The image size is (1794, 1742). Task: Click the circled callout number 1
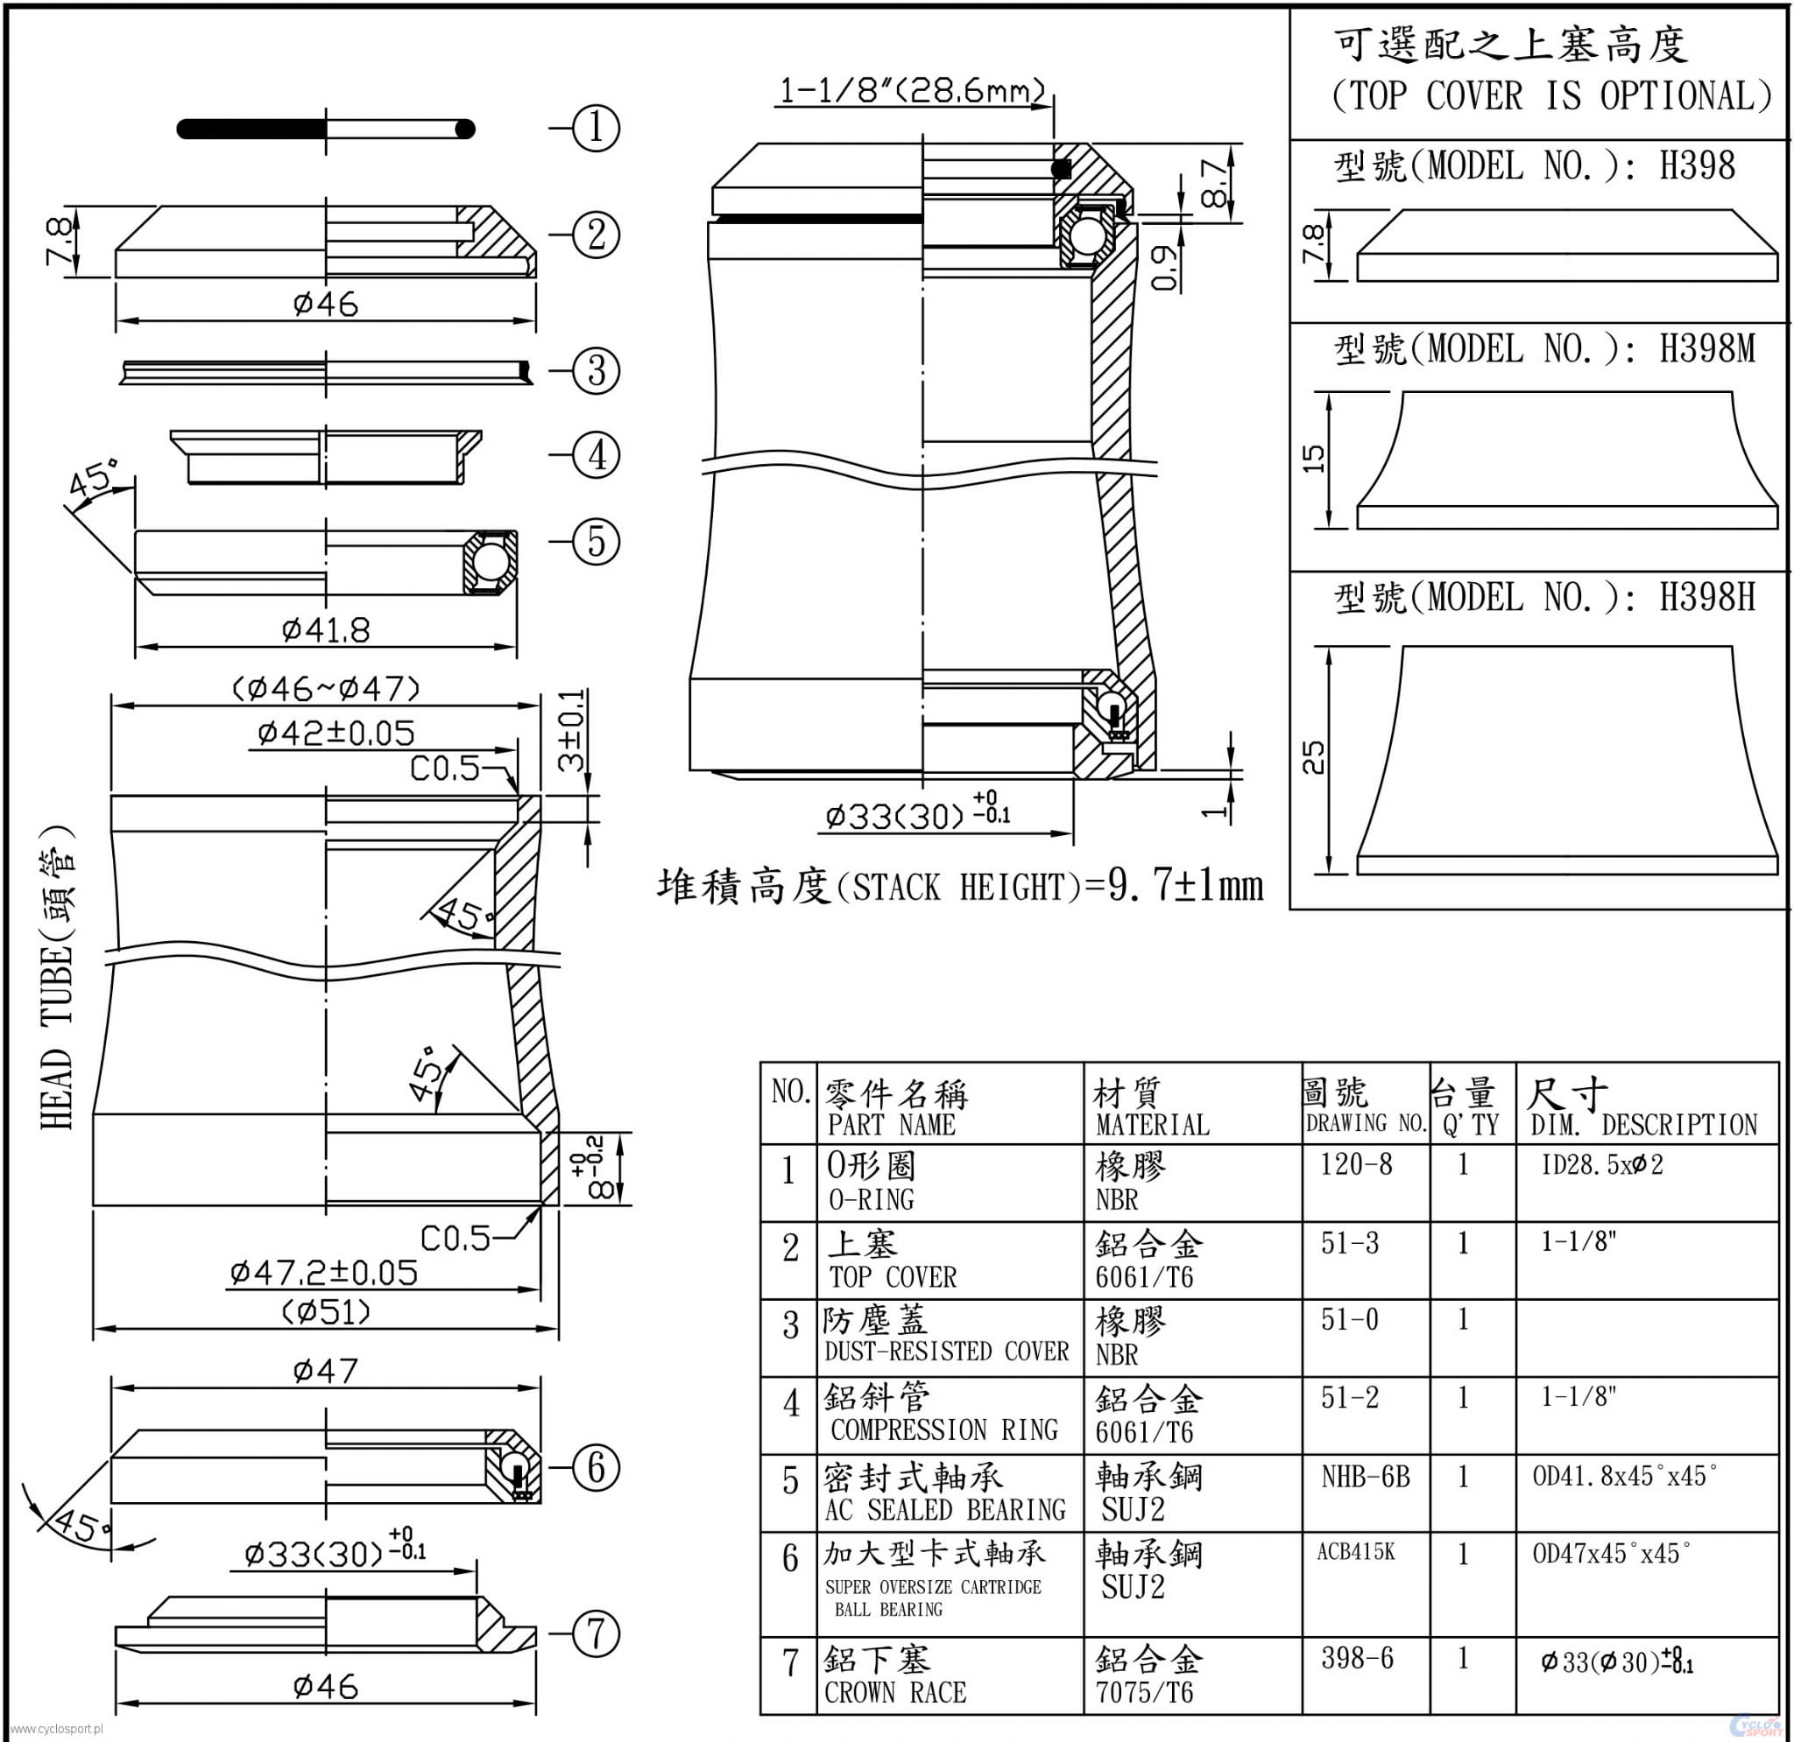(x=596, y=128)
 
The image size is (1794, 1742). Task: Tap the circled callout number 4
(x=596, y=454)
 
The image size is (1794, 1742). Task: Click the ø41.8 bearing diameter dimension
(x=326, y=629)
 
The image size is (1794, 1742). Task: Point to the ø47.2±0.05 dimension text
(x=323, y=1273)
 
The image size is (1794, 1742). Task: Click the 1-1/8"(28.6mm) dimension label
(x=912, y=90)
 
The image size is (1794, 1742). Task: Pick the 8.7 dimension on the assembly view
(x=1215, y=182)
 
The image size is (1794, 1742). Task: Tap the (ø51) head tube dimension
(x=326, y=1312)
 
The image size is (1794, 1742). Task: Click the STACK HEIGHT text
(x=961, y=886)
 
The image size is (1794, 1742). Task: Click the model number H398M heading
(x=1544, y=348)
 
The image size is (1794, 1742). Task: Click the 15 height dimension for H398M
(x=1312, y=459)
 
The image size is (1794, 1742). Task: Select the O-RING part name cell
(x=871, y=1179)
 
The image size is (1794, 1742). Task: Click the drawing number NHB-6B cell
(x=1365, y=1477)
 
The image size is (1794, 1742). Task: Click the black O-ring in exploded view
(x=326, y=128)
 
